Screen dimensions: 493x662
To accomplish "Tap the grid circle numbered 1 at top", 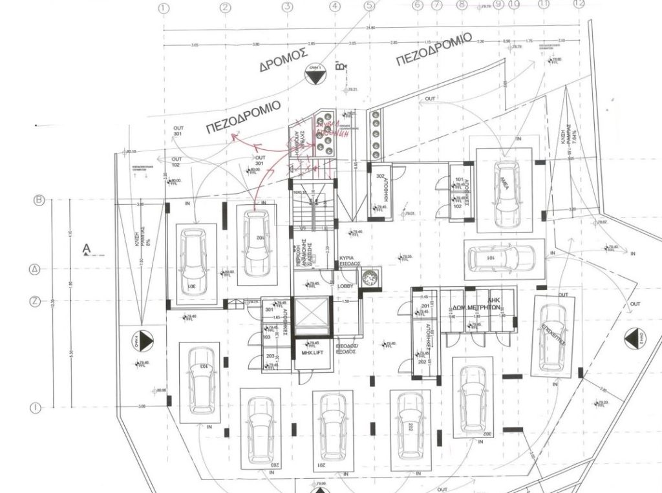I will coord(163,8).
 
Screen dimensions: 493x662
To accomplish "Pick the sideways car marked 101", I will coord(500,258).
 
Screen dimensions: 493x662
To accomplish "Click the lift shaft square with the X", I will coord(311,317).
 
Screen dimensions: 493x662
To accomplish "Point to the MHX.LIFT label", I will coord(312,353).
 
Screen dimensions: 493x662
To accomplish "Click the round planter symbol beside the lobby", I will coord(370,278).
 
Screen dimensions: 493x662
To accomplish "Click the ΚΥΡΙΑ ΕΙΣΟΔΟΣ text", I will coord(350,261).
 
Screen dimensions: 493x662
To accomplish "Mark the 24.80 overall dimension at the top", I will coord(369,28).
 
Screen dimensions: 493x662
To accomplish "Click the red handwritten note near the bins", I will coord(331,129).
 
